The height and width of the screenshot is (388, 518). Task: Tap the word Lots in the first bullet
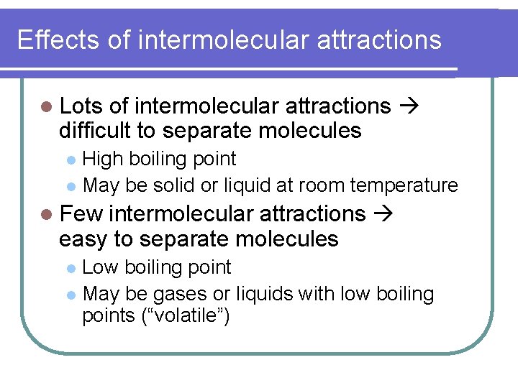(x=81, y=106)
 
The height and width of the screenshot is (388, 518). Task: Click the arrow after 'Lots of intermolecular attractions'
(x=408, y=106)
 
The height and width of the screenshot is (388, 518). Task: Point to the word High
(x=103, y=158)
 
